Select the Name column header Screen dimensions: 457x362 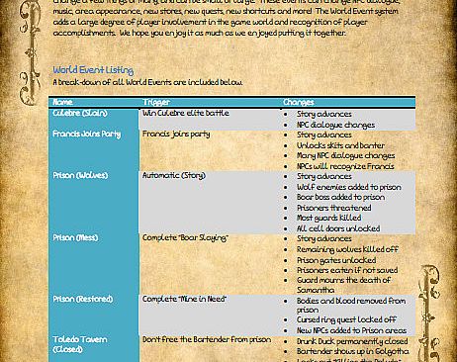coord(62,102)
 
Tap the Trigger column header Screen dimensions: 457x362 coord(156,102)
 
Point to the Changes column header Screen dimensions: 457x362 coord(299,102)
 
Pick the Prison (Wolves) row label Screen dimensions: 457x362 coord(81,176)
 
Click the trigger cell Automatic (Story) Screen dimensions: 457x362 coord(173,176)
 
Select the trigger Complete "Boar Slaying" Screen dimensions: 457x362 coord(185,238)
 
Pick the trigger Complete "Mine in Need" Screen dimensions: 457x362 coord(184,299)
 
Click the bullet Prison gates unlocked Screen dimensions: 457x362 coord(337,259)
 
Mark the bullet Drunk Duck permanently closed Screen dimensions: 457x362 coord(352,340)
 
